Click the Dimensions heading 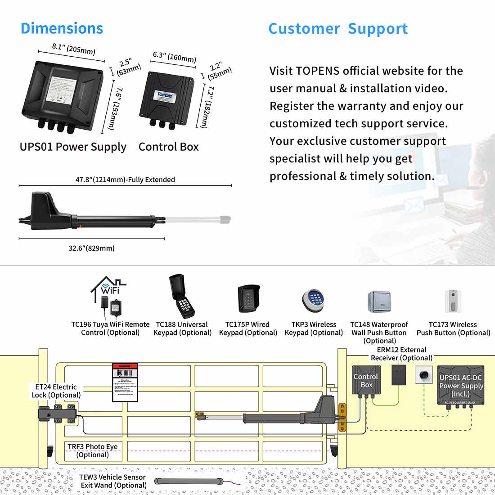coord(62,28)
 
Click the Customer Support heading coord(338,29)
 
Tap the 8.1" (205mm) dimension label coord(73,48)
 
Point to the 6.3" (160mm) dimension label coord(174,57)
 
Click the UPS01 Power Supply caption coord(73,147)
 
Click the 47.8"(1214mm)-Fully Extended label coord(125,180)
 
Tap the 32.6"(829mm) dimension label coord(91,248)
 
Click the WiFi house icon coord(108,290)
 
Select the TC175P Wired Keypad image coord(248,299)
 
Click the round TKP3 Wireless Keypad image coord(313,300)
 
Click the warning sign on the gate coord(125,382)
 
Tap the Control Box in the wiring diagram coord(366,382)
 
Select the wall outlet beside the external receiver coord(423,374)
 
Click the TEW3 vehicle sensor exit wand coord(189,481)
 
